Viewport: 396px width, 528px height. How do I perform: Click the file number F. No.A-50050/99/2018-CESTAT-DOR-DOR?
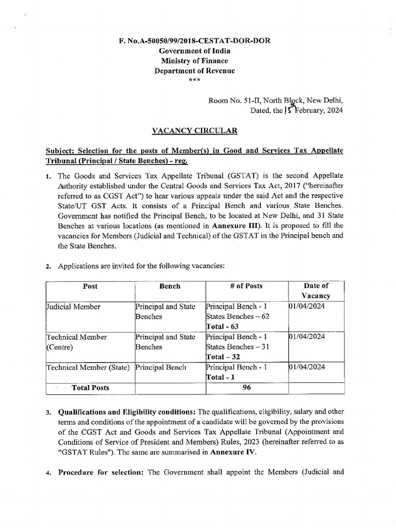point(194,41)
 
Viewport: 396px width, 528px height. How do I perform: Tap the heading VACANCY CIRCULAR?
point(194,131)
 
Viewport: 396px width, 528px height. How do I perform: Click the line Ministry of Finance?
point(194,61)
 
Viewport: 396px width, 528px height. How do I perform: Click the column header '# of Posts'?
point(246,286)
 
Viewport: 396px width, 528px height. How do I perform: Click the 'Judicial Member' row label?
point(73,306)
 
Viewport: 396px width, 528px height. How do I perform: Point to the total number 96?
point(246,387)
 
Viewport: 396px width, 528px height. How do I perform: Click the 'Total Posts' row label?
point(90,387)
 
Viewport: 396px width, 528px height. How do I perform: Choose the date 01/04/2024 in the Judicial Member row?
point(307,306)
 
